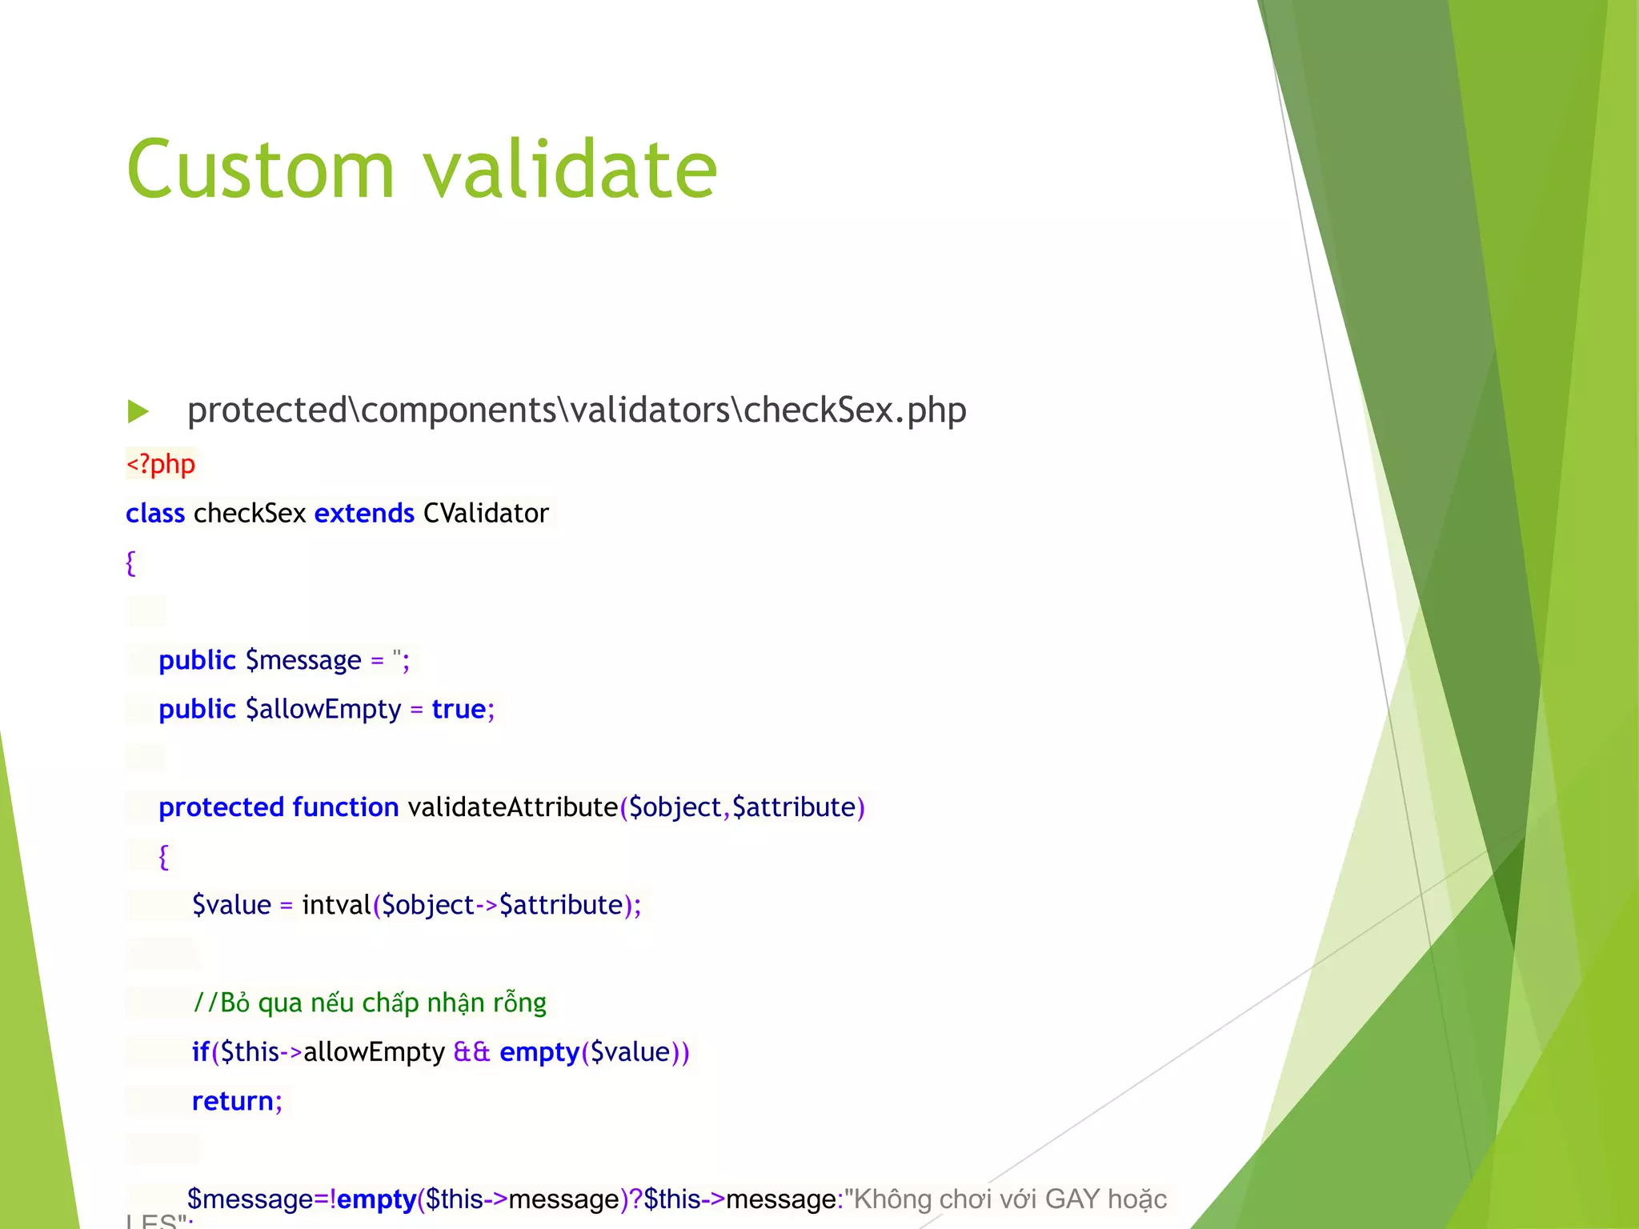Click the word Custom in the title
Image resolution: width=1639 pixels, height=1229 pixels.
point(261,170)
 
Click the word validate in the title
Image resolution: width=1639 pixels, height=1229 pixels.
point(570,170)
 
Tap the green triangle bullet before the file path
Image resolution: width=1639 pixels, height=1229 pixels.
point(138,411)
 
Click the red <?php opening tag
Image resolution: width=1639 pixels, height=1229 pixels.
point(161,464)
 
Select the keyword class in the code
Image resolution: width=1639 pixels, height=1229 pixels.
point(155,513)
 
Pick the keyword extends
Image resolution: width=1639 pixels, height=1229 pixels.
point(364,513)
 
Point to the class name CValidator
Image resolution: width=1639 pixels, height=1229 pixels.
point(486,513)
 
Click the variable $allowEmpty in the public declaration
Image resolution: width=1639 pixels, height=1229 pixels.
point(323,709)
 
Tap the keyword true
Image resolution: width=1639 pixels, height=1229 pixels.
point(459,709)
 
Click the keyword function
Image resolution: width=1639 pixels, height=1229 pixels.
point(345,807)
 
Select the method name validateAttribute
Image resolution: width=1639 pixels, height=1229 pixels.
point(512,807)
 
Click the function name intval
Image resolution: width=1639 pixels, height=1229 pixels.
point(336,905)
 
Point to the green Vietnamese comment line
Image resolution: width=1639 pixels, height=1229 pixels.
point(370,1003)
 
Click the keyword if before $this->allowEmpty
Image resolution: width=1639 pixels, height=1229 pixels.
point(199,1051)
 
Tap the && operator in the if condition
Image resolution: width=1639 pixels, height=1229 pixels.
point(471,1051)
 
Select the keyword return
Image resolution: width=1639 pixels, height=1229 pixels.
point(232,1101)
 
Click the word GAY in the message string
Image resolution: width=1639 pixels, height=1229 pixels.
point(1072,1199)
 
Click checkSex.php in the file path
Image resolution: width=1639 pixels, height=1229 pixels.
point(855,410)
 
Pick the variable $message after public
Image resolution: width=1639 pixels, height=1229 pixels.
point(303,660)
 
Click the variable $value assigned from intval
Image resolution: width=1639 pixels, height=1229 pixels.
point(231,905)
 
